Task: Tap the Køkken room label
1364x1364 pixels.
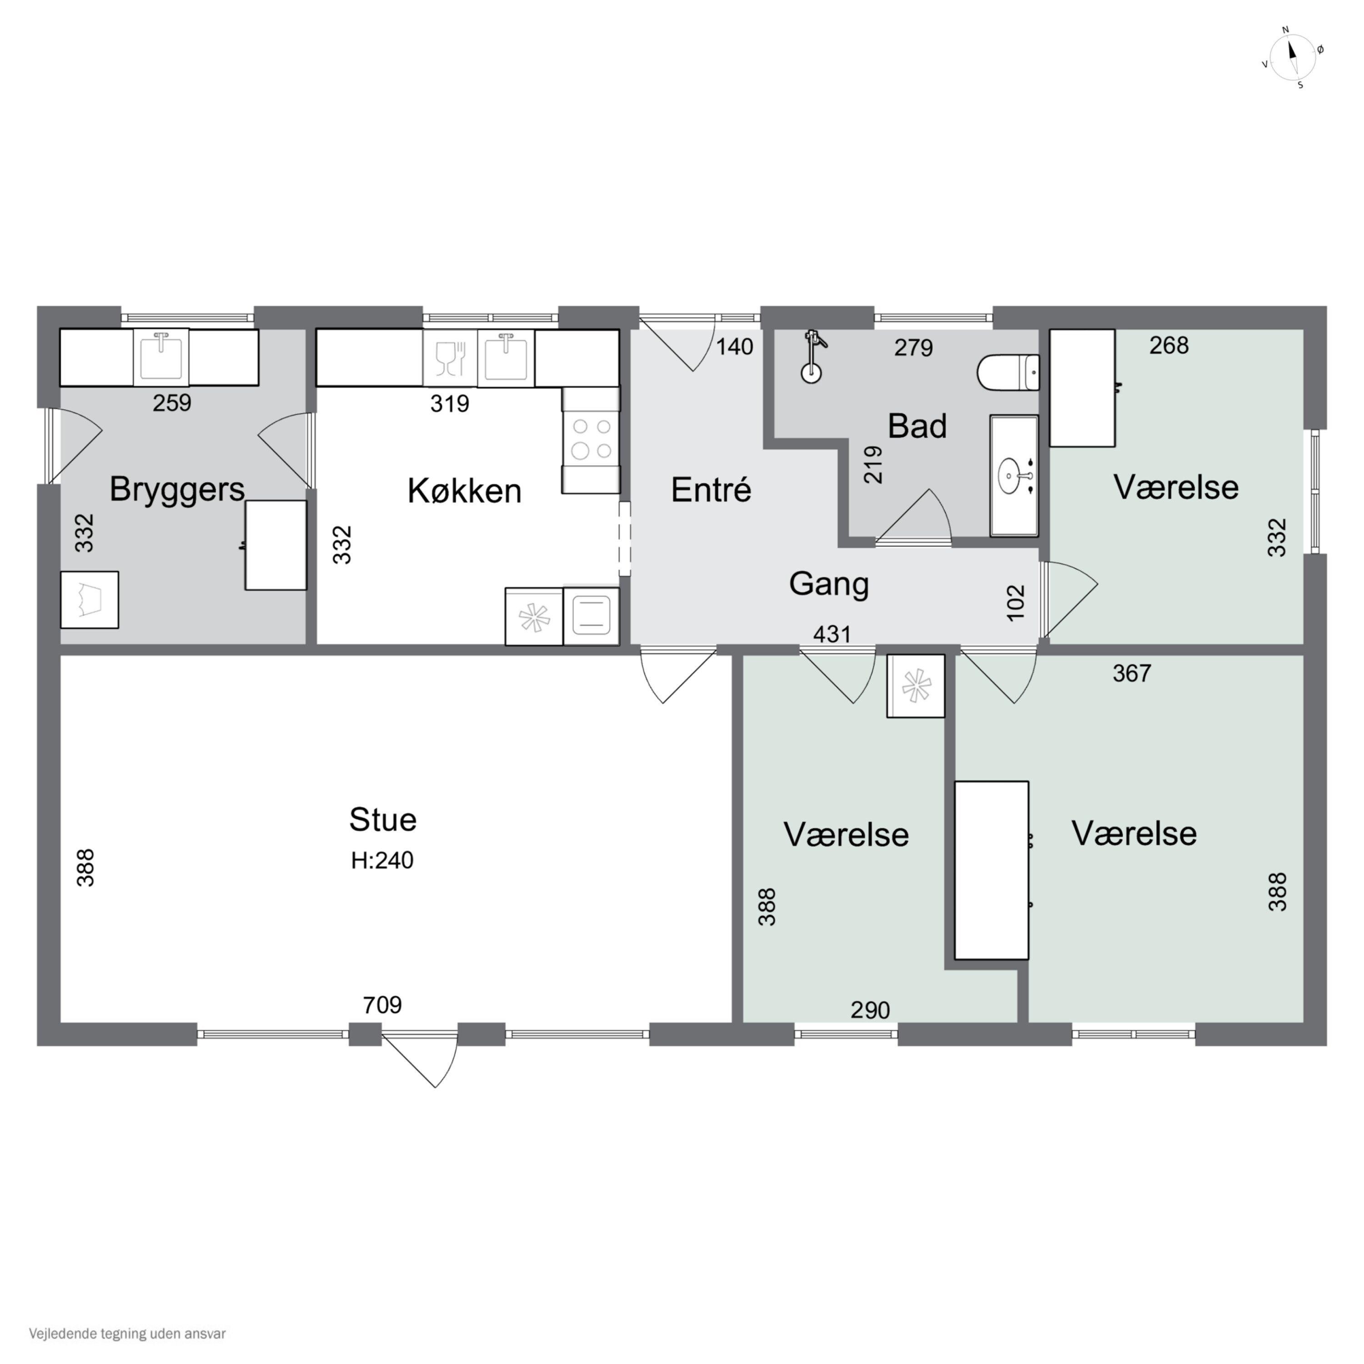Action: click(x=465, y=491)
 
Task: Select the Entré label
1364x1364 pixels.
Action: click(x=711, y=489)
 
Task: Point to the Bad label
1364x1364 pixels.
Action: click(x=917, y=426)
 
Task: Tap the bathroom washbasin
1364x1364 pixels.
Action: click(x=1014, y=476)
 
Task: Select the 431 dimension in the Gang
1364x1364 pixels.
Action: click(x=832, y=634)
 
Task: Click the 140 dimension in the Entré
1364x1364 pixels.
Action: click(x=735, y=346)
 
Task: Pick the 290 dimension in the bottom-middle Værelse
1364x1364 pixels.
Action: click(x=870, y=1010)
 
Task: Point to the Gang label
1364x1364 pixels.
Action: click(x=829, y=585)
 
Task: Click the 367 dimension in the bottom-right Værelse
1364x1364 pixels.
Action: click(x=1132, y=673)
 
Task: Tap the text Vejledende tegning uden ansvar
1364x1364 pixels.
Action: click(x=127, y=1334)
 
